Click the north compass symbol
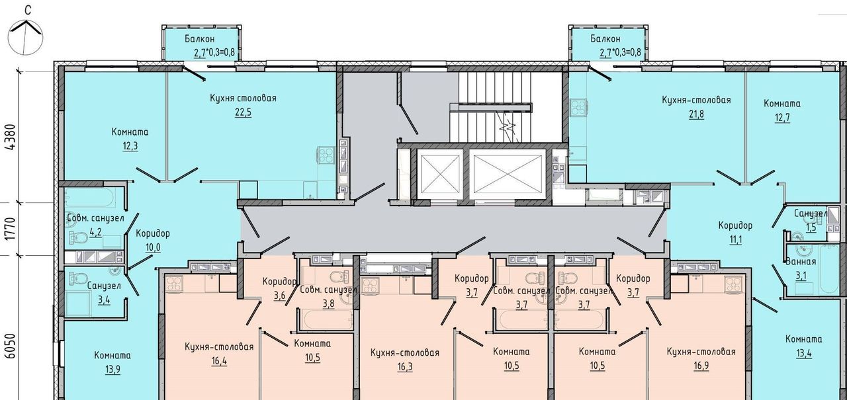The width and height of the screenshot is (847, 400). pos(25,36)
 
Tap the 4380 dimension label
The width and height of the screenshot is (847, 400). pos(12,137)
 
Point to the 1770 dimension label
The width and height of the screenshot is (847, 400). pos(12,229)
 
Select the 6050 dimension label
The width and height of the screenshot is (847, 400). pos(12,346)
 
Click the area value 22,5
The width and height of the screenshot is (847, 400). pos(243,112)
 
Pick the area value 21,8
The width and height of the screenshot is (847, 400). pos(696,114)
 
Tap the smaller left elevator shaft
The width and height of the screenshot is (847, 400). pos(440,174)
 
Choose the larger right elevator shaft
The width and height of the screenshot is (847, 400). pos(508,174)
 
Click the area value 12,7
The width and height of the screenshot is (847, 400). pos(782,118)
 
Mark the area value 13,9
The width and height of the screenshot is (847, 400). pos(112,369)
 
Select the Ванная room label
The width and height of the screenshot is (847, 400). pos(801,261)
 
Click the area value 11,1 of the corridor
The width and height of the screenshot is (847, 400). pos(735,239)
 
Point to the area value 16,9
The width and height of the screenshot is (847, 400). pos(701,366)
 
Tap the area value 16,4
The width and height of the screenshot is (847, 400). pos(219,361)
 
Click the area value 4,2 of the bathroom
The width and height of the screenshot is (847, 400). pos(96,231)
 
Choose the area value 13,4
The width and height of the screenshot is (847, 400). pos(803,353)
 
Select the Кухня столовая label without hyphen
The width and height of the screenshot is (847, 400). pos(243,99)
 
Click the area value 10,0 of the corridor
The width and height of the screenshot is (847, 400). pos(153,247)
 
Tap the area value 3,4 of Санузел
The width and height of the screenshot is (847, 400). pos(104,300)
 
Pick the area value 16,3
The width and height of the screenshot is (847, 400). pos(404,367)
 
